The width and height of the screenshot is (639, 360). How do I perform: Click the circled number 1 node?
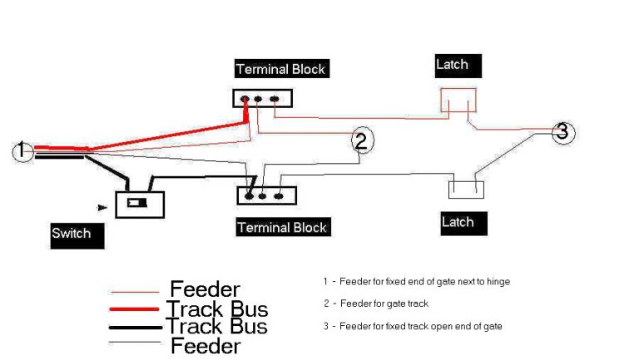coord(22,151)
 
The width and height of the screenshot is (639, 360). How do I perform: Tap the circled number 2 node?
coord(359,141)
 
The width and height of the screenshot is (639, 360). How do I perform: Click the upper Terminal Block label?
coord(280,68)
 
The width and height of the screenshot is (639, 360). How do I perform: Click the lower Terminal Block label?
coord(282,227)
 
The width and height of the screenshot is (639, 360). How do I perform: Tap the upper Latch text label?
coord(457,64)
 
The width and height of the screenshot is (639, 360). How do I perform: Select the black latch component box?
coord(466,190)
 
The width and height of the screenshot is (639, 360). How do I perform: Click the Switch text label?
coord(77,234)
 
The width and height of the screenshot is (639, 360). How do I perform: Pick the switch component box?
coord(139,204)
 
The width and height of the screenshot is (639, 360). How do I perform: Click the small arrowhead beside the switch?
coord(102,207)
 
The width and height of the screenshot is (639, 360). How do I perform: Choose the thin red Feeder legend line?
coord(135,292)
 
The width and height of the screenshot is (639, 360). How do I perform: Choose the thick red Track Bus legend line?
coord(135,309)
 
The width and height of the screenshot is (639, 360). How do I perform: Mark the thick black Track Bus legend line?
coord(135,326)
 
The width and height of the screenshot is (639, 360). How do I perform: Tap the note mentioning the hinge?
coord(416,281)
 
